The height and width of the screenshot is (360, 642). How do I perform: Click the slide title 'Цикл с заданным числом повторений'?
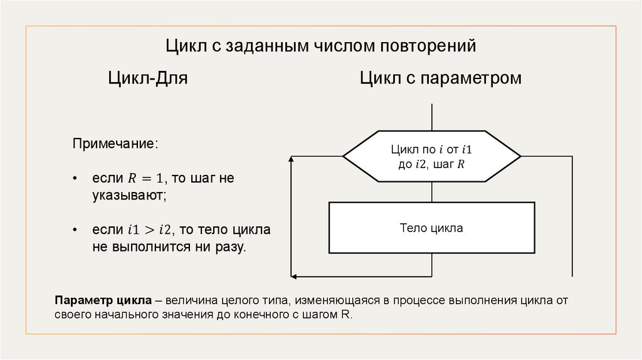click(x=321, y=46)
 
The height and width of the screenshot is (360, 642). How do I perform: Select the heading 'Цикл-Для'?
click(x=148, y=79)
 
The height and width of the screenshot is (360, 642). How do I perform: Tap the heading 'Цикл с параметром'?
click(x=441, y=79)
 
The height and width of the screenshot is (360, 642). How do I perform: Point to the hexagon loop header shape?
click(x=431, y=157)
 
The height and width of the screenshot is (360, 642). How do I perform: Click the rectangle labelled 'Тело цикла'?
click(x=431, y=228)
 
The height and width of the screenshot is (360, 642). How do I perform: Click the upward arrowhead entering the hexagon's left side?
click(x=292, y=161)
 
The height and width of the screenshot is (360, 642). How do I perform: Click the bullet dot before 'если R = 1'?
click(x=75, y=179)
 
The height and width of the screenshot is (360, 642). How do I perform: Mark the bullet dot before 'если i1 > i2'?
click(x=75, y=230)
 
